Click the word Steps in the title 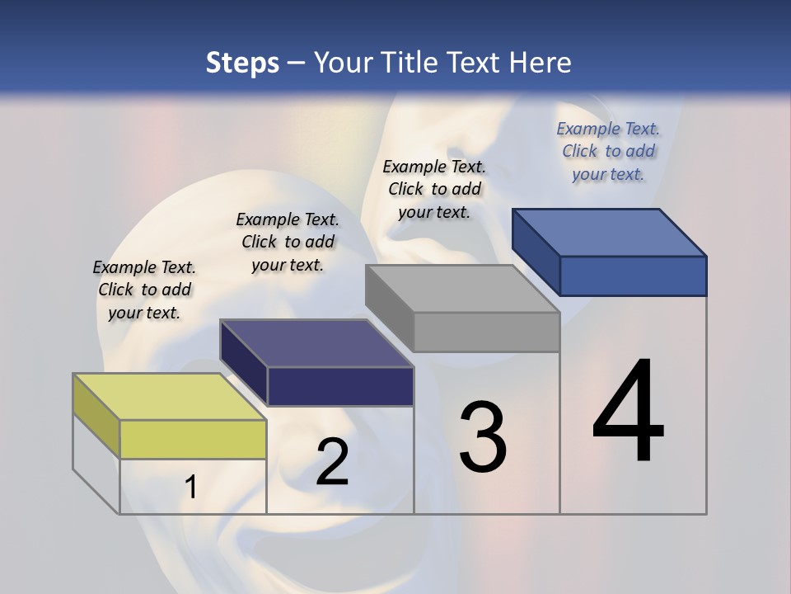tap(242, 63)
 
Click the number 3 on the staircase tap(483, 437)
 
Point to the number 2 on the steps tap(332, 462)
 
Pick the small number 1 tap(191, 488)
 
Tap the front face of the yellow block tap(193, 439)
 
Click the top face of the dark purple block tap(316, 343)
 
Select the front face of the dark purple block tap(340, 386)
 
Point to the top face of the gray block tap(462, 289)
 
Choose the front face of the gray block tap(486, 332)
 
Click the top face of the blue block tap(609, 232)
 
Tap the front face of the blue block tap(633, 276)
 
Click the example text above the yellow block tap(144, 290)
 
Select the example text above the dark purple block tap(288, 242)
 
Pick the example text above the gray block tap(434, 189)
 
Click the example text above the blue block tap(608, 151)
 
